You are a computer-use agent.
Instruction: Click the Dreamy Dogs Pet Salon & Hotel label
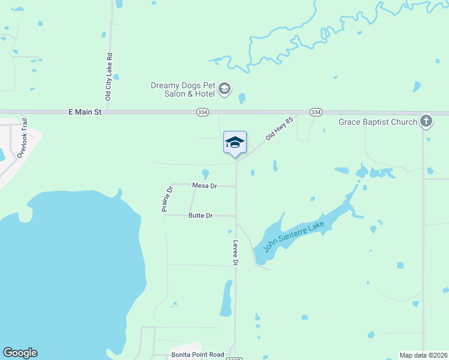182,89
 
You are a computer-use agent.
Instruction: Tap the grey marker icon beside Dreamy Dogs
224,89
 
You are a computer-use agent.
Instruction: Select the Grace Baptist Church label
378,122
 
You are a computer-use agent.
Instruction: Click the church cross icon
426,122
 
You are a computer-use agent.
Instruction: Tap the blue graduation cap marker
235,143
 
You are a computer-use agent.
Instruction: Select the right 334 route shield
316,112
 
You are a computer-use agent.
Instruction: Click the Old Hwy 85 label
280,129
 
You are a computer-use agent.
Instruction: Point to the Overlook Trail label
23,137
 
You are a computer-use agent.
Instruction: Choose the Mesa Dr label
204,186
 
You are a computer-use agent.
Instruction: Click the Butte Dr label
200,215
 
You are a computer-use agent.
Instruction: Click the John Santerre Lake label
289,236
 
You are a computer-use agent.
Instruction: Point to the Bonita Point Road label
197,355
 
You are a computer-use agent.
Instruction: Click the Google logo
20,353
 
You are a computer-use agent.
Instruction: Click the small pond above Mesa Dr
205,174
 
